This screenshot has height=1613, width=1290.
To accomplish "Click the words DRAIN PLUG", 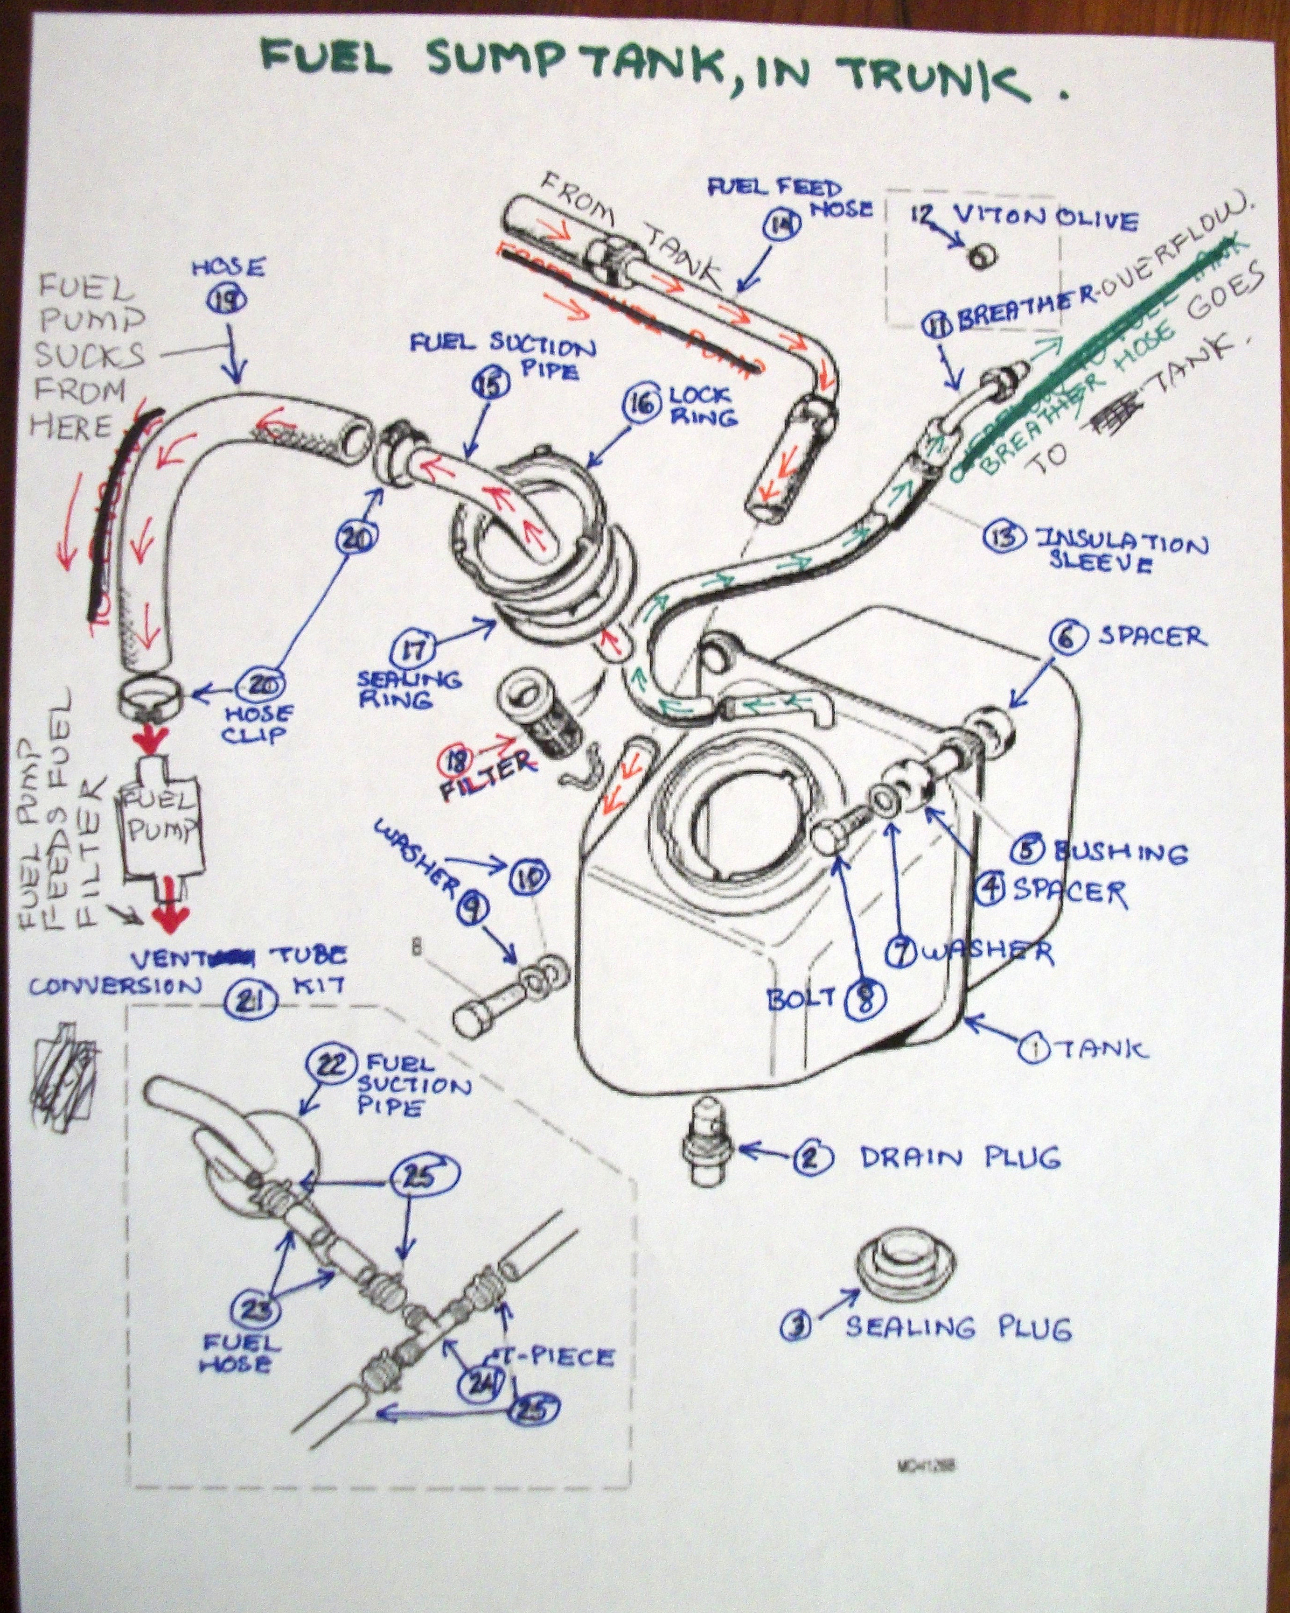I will pyautogui.click(x=960, y=1157).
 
